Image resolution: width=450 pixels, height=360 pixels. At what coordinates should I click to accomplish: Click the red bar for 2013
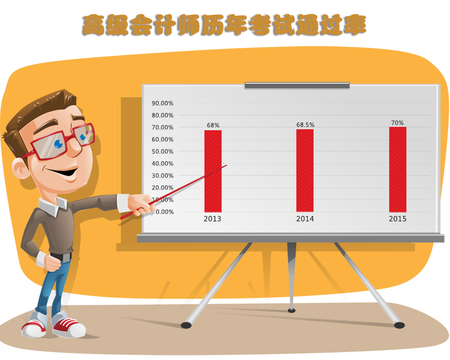(x=213, y=171)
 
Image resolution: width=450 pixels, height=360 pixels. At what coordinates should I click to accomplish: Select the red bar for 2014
(x=305, y=170)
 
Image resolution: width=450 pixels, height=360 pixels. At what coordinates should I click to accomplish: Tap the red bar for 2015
(x=398, y=169)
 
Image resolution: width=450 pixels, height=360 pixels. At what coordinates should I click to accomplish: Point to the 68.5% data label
(x=305, y=125)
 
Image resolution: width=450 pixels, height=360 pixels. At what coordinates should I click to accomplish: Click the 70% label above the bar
(x=397, y=123)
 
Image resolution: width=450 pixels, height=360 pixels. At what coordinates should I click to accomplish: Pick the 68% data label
(x=213, y=125)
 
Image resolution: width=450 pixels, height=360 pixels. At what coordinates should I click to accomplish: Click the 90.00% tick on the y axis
(x=162, y=103)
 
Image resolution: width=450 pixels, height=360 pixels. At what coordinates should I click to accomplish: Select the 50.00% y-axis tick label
(x=162, y=152)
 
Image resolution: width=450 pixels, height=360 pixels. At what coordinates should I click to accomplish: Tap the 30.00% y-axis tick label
(x=162, y=176)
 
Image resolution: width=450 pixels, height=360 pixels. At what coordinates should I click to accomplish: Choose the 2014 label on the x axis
(x=305, y=219)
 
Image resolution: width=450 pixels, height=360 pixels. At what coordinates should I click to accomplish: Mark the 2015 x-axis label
(x=397, y=219)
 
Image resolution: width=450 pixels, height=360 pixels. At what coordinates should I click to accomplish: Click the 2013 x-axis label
(x=213, y=219)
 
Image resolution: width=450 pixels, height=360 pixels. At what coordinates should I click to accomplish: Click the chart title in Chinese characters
(x=224, y=25)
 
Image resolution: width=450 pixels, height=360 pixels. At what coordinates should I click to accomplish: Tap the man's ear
(x=20, y=169)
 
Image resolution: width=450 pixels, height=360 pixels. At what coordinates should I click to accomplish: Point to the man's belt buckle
(x=67, y=257)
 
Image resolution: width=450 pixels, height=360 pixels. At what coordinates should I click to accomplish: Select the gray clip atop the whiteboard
(x=297, y=85)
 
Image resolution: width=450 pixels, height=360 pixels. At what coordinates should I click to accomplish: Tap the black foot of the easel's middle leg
(x=292, y=311)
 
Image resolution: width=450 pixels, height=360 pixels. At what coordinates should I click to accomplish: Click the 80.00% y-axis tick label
(x=162, y=115)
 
